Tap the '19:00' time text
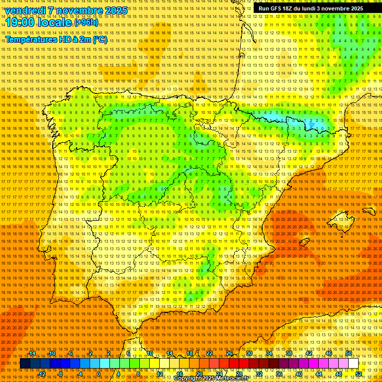pos(20,22)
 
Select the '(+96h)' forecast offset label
pos(86,23)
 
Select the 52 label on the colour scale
pos(359,374)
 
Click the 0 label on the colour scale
pos(99,374)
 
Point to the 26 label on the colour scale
pos(229,353)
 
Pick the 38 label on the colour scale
pos(289,353)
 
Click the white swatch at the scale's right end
pos(353,364)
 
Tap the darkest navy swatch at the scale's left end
pos(25,364)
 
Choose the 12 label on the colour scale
pos(160,374)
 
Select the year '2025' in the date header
pos(116,10)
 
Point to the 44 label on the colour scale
pos(319,374)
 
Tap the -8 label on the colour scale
pos(60,374)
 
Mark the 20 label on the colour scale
pos(199,374)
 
